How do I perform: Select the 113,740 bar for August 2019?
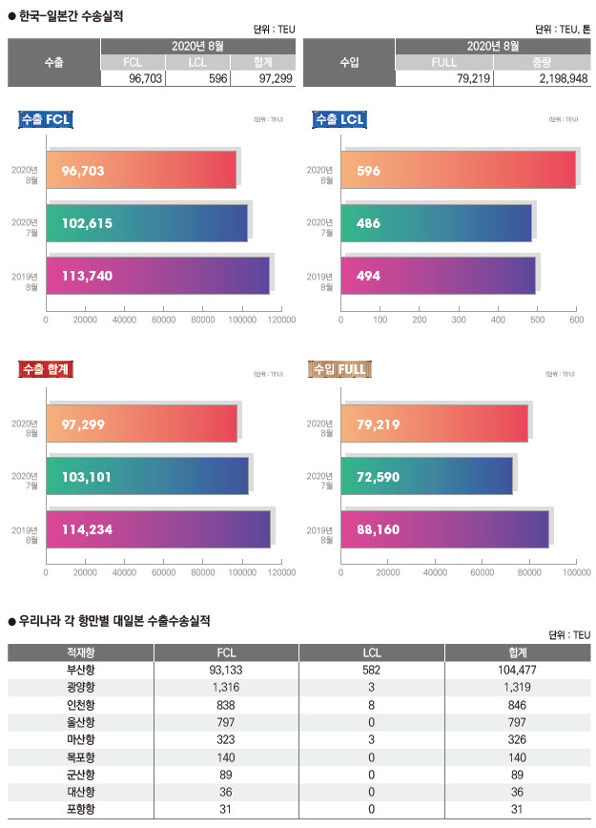(157, 276)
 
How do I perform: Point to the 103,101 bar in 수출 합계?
(147, 475)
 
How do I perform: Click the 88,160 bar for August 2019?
(444, 528)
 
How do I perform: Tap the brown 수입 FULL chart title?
(339, 368)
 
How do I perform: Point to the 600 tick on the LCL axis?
(576, 321)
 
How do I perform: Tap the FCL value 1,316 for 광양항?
(225, 687)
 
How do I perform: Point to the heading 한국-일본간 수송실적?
(72, 15)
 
